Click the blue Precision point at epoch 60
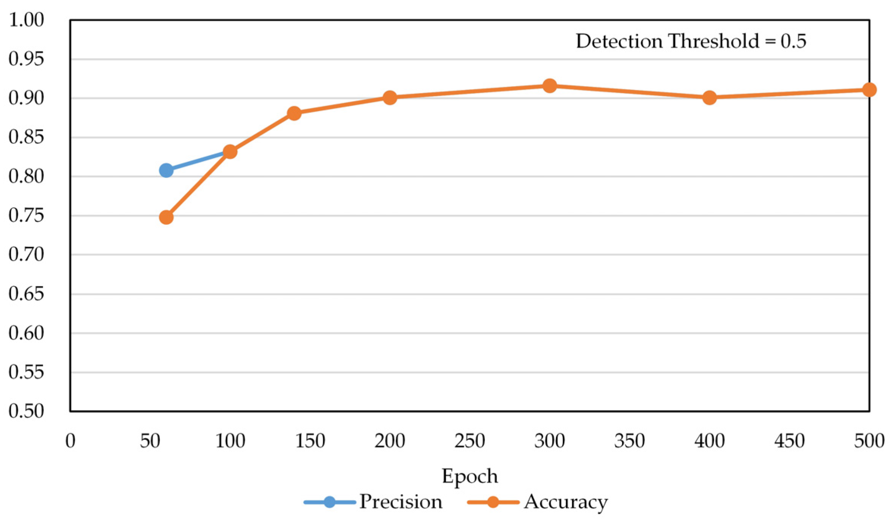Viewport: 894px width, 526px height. pyautogui.click(x=166, y=170)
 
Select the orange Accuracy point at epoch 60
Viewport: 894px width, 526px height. pyautogui.click(x=166, y=217)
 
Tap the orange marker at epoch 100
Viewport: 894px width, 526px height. pyautogui.click(x=230, y=152)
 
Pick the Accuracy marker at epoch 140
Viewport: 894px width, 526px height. pyautogui.click(x=294, y=113)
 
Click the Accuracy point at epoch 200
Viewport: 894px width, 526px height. pyautogui.click(x=390, y=98)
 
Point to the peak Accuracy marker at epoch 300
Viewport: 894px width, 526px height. pyautogui.click(x=550, y=86)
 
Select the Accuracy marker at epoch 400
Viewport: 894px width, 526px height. pyautogui.click(x=709, y=98)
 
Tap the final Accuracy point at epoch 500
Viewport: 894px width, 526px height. pyautogui.click(x=869, y=90)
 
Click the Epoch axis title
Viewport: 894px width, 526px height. pyautogui.click(x=470, y=476)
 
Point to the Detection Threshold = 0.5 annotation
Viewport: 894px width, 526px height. pyautogui.click(x=691, y=41)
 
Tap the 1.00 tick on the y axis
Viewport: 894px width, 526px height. pyautogui.click(x=26, y=20)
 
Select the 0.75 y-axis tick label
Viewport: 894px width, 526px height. pyautogui.click(x=26, y=216)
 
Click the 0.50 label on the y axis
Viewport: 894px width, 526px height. pyautogui.click(x=26, y=411)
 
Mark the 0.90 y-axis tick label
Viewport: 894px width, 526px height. pyautogui.click(x=26, y=98)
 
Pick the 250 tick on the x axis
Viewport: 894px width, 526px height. pyautogui.click(x=470, y=441)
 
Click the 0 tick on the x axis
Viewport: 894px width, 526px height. pyautogui.click(x=70, y=441)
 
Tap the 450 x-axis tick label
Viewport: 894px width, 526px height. pyautogui.click(x=789, y=441)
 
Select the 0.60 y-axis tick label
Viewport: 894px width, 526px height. pyautogui.click(x=26, y=333)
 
